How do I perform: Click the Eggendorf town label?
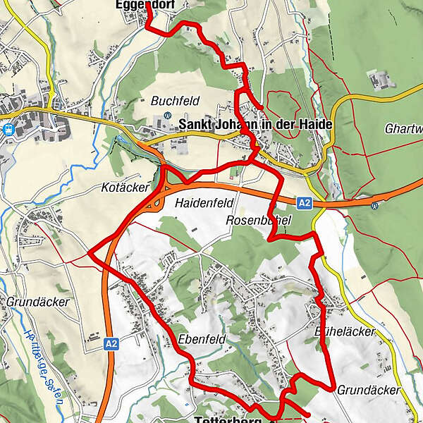[145, 5]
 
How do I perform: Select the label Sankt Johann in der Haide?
[255, 125]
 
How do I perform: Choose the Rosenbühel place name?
[259, 220]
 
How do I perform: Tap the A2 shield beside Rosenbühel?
[304, 203]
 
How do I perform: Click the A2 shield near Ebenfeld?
[110, 343]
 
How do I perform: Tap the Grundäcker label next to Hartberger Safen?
[38, 302]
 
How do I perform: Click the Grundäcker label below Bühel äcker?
[368, 390]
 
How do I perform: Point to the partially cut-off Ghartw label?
[404, 129]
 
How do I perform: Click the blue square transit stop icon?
[8, 129]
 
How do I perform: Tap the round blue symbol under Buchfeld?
[167, 116]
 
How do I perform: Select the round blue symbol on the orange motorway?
[374, 206]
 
